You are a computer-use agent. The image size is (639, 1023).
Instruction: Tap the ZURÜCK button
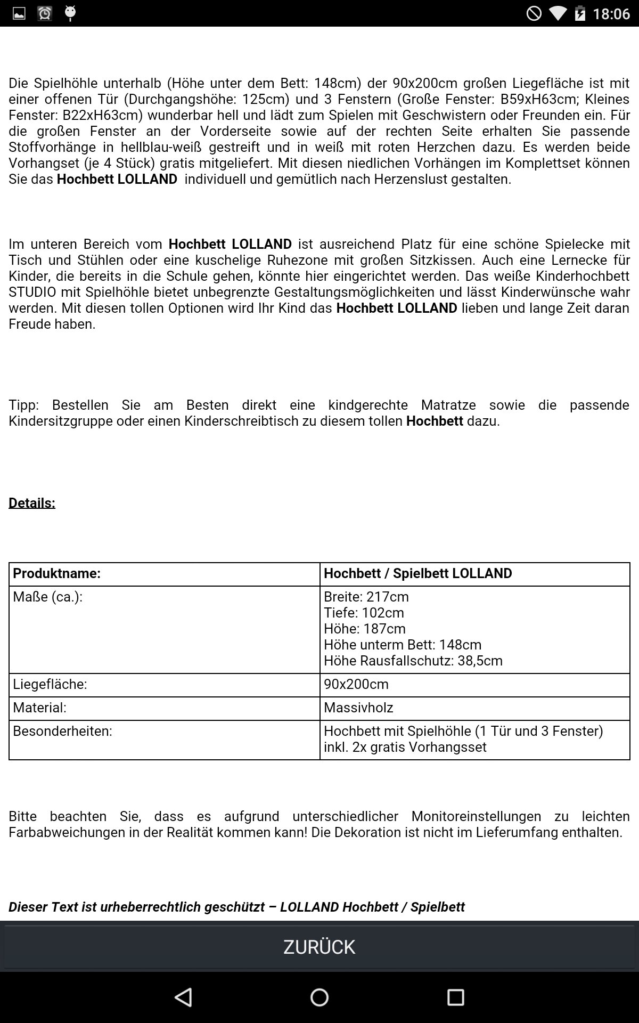point(319,947)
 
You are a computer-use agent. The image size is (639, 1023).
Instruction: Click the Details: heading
point(32,503)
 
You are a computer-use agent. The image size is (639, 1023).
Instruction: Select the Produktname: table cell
point(57,573)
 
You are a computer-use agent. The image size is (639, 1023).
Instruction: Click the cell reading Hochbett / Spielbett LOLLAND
point(418,573)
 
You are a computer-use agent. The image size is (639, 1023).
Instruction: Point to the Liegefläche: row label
point(50,684)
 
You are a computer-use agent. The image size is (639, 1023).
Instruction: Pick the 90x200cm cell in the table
point(357,684)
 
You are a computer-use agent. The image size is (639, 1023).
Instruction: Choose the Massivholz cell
point(358,708)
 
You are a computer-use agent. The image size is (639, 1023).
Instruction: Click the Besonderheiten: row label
point(63,731)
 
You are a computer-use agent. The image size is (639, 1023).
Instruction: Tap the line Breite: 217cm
point(366,597)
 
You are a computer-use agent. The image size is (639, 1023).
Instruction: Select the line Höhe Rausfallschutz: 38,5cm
point(413,661)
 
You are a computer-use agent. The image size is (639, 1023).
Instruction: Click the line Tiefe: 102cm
point(364,613)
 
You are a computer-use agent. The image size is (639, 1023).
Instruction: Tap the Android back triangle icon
point(184,997)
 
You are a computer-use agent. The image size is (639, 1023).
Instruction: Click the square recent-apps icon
point(455,997)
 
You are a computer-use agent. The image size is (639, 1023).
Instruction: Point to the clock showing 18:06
point(611,13)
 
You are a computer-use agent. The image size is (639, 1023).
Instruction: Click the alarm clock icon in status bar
point(45,13)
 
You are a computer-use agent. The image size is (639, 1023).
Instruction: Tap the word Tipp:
point(24,405)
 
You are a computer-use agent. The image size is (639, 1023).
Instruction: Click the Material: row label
point(40,708)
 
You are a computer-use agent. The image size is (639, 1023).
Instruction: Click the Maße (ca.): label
point(48,597)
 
